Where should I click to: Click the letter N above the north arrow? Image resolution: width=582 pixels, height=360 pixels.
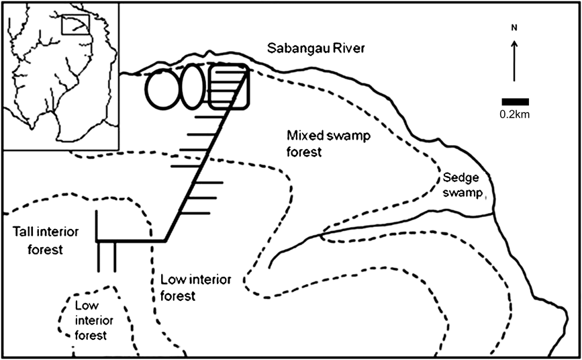coord(514,28)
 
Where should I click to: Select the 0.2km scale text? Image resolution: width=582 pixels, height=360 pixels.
coord(515,114)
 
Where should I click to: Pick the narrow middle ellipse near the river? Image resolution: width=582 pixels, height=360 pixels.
coord(192,87)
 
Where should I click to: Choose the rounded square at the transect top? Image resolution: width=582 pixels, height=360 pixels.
coord(228,87)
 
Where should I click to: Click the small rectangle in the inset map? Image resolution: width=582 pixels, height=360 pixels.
coord(75,24)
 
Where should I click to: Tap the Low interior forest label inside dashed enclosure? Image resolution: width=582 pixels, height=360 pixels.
coord(90,320)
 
